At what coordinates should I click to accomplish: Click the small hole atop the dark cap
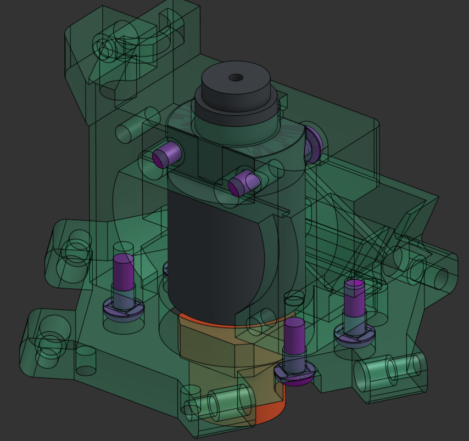tap(236, 77)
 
